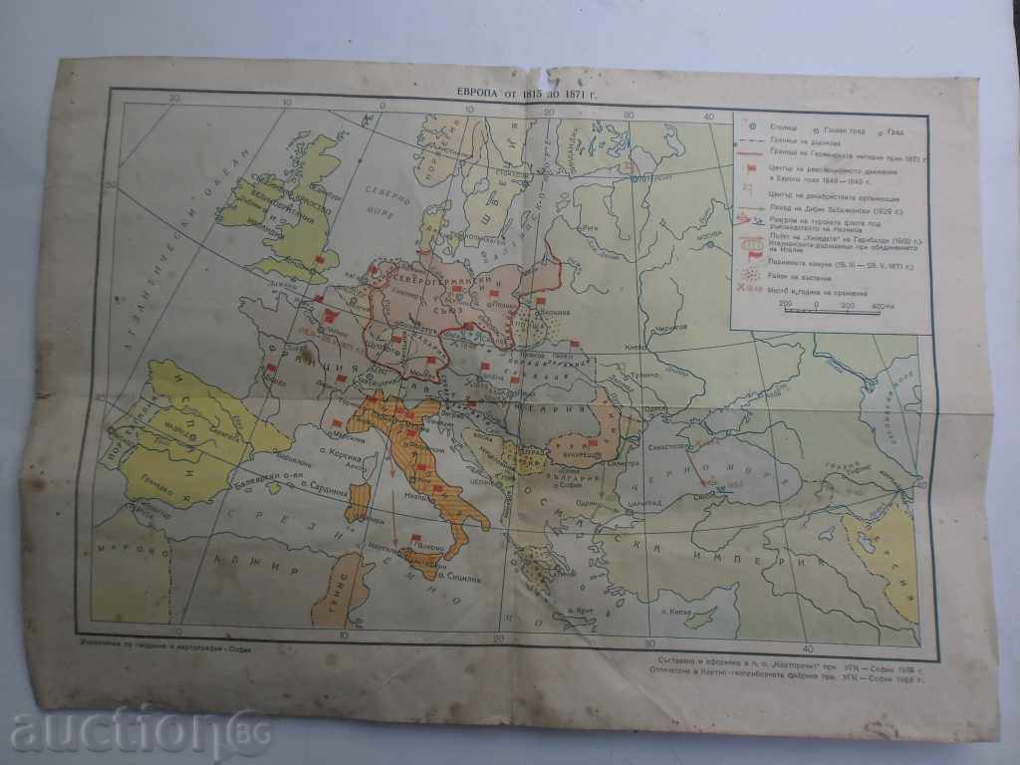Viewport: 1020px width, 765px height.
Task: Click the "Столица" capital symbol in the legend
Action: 752,127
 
